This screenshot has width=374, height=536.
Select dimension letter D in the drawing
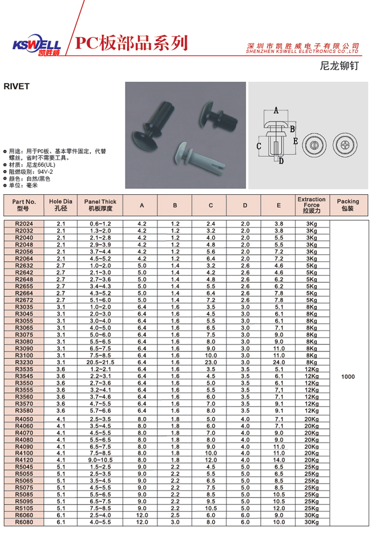click(281, 160)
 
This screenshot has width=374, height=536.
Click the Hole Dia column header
click(60, 205)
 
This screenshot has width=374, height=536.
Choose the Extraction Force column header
click(311, 205)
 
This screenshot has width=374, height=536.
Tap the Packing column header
click(348, 205)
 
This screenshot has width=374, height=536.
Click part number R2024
click(24, 223)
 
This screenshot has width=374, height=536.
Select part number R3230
click(24, 362)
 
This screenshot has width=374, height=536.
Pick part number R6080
click(24, 522)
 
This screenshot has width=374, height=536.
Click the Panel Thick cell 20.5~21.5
click(100, 362)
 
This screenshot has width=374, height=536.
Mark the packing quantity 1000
click(348, 377)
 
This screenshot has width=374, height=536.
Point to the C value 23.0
click(211, 362)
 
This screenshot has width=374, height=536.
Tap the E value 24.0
click(279, 362)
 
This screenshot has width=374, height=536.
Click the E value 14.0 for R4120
click(279, 460)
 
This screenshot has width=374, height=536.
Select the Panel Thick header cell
click(100, 205)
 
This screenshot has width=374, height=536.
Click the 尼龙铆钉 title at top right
click(339, 66)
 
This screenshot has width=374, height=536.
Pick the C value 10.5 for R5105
click(211, 508)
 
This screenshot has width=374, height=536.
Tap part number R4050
click(24, 418)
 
